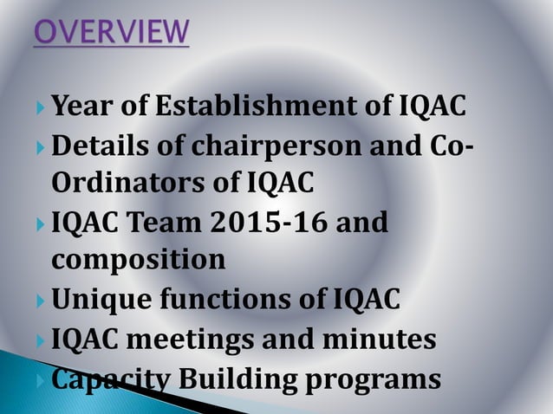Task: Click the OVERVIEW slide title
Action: (x=111, y=33)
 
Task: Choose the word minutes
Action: (x=382, y=340)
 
